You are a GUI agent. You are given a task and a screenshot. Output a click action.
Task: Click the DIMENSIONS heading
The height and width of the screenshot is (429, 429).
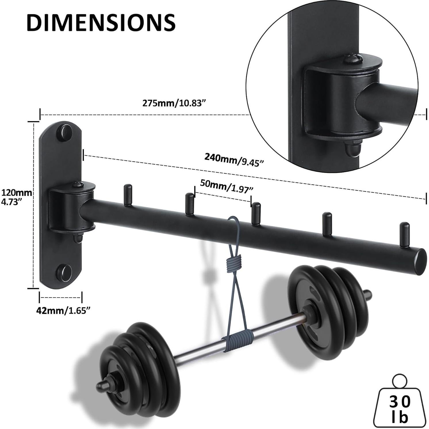point(101,22)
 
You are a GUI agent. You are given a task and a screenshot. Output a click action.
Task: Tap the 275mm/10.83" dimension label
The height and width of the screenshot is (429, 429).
point(175,103)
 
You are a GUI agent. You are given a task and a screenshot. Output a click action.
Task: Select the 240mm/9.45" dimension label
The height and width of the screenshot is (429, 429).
point(234,160)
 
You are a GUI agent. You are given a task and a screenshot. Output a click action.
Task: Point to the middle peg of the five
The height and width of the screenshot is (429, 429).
point(256,213)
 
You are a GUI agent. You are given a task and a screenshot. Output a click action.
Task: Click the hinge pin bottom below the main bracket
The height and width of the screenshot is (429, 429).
point(77,238)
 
